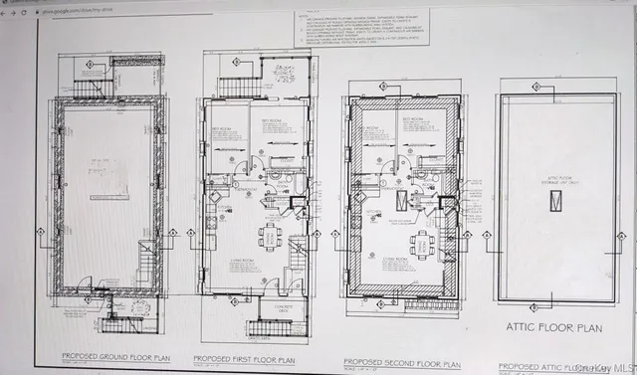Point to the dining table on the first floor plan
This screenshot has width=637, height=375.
pos(269,236)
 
